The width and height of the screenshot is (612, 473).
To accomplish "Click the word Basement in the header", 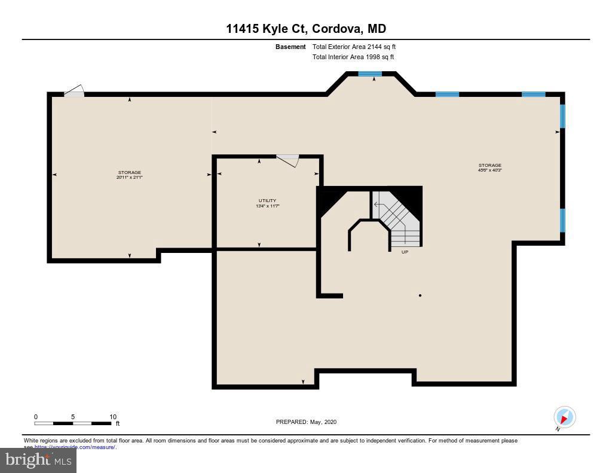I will (x=290, y=47).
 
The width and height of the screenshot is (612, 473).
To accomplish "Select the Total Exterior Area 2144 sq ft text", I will (x=354, y=47).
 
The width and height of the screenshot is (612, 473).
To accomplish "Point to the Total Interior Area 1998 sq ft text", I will (x=353, y=57).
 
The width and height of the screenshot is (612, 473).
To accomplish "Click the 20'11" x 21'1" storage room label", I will (x=130, y=175).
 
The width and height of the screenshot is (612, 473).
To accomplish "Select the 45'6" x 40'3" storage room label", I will (x=489, y=167).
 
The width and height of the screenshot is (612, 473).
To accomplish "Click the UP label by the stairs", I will (x=405, y=252).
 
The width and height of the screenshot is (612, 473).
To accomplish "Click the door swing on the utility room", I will (x=288, y=160).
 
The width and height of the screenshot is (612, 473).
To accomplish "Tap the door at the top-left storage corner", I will (x=74, y=91).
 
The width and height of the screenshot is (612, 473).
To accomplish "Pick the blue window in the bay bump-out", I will (x=370, y=74).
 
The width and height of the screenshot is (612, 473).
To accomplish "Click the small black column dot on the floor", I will (x=420, y=295).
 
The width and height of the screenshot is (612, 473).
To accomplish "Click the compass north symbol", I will (x=564, y=417).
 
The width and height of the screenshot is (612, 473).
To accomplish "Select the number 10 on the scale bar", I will (x=113, y=417).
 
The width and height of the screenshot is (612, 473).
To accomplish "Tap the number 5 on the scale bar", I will (x=73, y=417).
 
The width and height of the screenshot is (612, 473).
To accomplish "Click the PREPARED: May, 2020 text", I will (x=306, y=422).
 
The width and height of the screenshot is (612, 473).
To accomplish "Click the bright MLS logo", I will (x=38, y=460).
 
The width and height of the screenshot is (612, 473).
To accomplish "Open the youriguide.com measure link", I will (x=75, y=447).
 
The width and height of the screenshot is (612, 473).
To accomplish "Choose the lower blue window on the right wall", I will (x=562, y=220).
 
